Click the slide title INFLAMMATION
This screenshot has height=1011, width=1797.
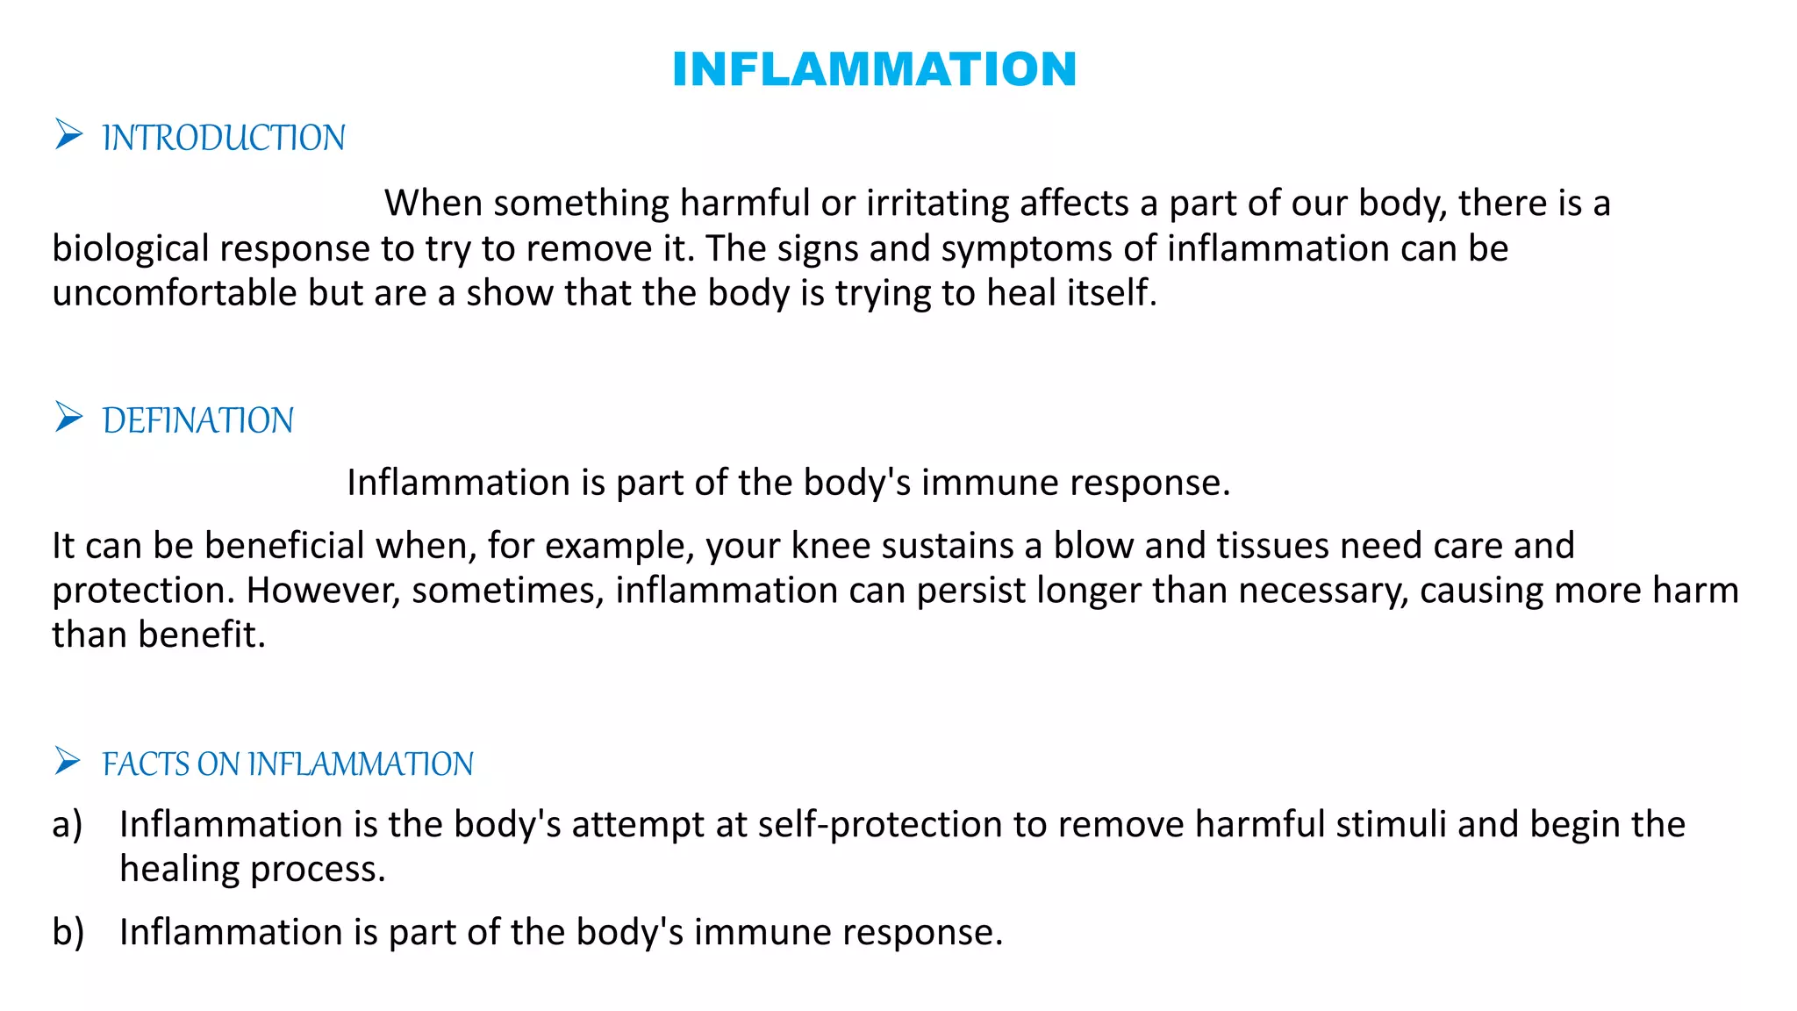point(874,69)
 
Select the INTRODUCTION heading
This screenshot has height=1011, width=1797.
point(224,139)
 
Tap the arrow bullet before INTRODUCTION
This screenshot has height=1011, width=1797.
point(68,135)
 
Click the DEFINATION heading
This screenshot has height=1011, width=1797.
point(198,421)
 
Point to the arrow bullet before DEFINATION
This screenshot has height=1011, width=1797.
point(68,417)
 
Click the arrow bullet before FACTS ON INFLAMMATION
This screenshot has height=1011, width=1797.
point(68,761)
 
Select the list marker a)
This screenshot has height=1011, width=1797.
point(68,825)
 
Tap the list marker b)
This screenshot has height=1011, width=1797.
point(68,932)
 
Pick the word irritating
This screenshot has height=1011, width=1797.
point(937,204)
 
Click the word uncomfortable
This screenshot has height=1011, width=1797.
point(175,293)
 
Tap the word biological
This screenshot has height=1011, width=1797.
point(130,249)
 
